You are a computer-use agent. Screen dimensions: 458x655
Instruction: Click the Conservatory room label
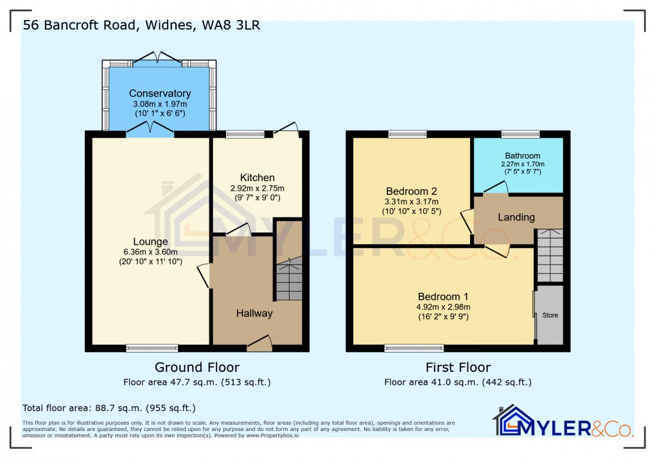click(160, 93)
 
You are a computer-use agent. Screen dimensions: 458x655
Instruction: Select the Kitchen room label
click(257, 178)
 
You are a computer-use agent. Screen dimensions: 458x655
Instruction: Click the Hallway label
click(254, 313)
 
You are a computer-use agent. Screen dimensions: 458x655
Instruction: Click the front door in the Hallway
click(259, 345)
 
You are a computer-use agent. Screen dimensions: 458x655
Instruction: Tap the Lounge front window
click(152, 348)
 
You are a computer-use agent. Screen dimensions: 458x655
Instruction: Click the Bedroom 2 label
click(412, 191)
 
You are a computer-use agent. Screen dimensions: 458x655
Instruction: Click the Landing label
click(516, 217)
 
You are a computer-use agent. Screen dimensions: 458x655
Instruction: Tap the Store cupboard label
click(550, 315)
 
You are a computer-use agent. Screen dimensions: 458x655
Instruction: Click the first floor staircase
click(550, 255)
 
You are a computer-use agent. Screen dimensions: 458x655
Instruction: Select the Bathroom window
click(520, 134)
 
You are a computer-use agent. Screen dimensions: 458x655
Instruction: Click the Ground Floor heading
click(197, 367)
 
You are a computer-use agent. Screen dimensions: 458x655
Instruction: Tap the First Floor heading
click(458, 367)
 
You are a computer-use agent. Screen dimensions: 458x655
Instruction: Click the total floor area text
click(109, 408)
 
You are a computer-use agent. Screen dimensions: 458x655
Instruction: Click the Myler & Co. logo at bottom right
click(563, 422)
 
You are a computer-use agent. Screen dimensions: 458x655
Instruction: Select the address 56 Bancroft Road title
click(141, 26)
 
